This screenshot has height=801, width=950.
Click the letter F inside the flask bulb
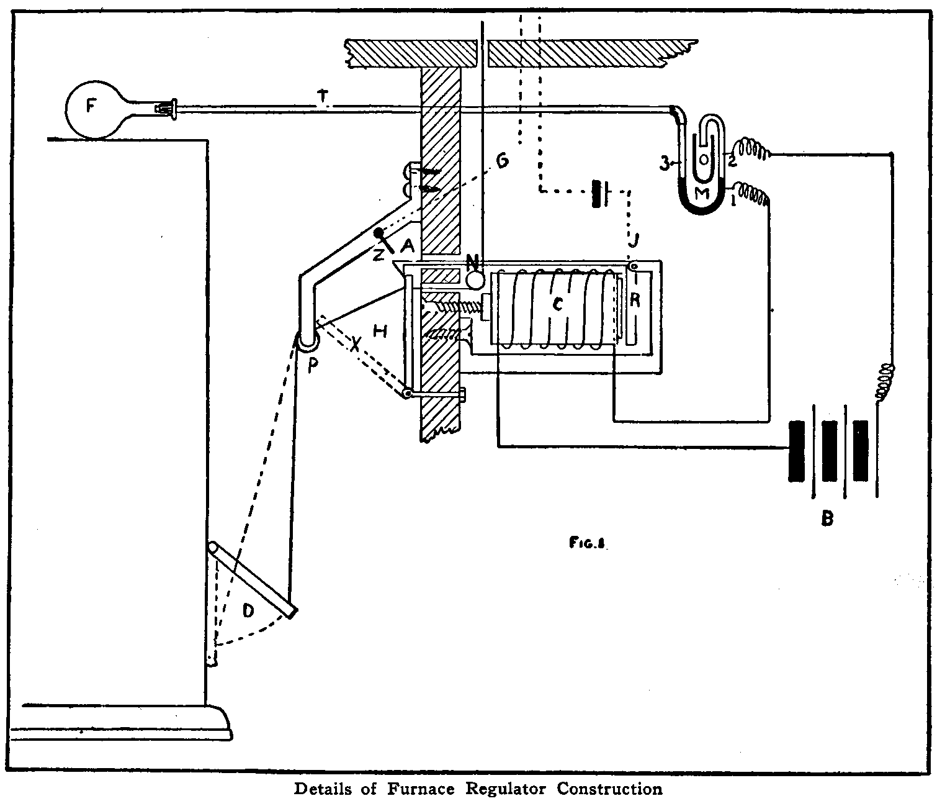91,106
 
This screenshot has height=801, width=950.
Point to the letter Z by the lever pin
379,252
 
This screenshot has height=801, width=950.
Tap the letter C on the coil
558,305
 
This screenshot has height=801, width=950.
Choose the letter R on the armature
634,300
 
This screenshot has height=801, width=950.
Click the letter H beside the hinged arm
380,332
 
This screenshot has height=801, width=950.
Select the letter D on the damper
248,612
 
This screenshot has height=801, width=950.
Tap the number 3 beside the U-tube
664,165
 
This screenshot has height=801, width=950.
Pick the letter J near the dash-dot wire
631,237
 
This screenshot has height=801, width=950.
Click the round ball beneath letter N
475,280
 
